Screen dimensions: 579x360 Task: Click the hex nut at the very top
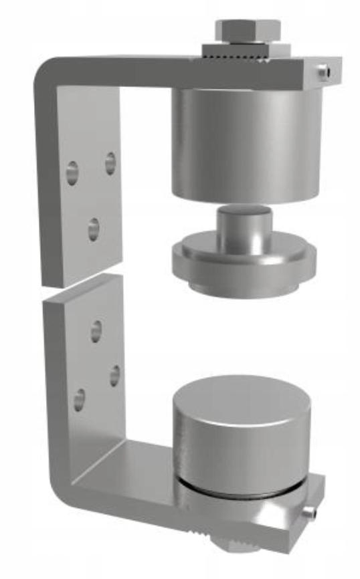pyautogui.click(x=246, y=30)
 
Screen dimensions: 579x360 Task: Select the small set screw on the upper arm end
pyautogui.click(x=323, y=70)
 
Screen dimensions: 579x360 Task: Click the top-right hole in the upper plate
pyautogui.click(x=110, y=162)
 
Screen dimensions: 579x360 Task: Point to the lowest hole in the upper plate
pyautogui.click(x=94, y=229)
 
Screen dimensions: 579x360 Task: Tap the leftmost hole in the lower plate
pyautogui.click(x=80, y=400)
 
